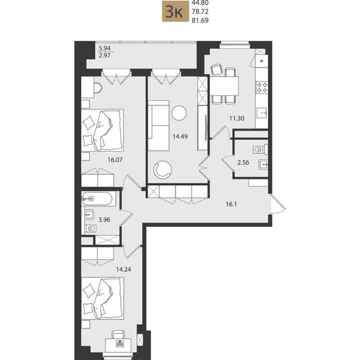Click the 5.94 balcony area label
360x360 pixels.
(104, 48)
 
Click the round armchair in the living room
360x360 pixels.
(163, 170)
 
